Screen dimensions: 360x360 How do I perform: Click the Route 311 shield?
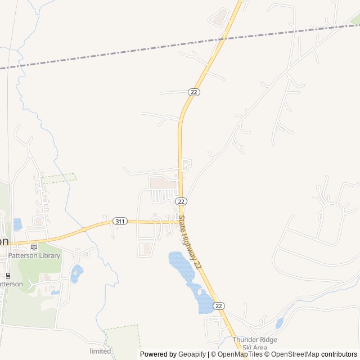[x=119, y=221]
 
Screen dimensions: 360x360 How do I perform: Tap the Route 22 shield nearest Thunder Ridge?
[x=219, y=305]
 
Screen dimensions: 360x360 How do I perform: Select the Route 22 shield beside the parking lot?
[x=181, y=201]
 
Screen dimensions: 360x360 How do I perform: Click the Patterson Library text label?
[x=34, y=255]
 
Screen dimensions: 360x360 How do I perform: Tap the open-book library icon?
[x=34, y=246]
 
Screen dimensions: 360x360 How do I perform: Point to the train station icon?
[x=8, y=276]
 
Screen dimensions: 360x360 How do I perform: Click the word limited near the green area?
[x=100, y=351]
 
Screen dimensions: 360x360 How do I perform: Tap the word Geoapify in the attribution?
[x=192, y=354]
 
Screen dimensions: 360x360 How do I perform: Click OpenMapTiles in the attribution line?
[x=240, y=354]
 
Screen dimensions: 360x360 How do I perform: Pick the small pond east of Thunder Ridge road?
[x=280, y=323]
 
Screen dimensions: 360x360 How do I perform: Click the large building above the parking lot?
[x=163, y=182]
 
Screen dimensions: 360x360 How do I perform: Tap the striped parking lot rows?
[x=163, y=195]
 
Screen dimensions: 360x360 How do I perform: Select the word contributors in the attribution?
[x=339, y=354]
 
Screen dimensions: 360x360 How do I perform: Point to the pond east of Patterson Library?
[x=77, y=274]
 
